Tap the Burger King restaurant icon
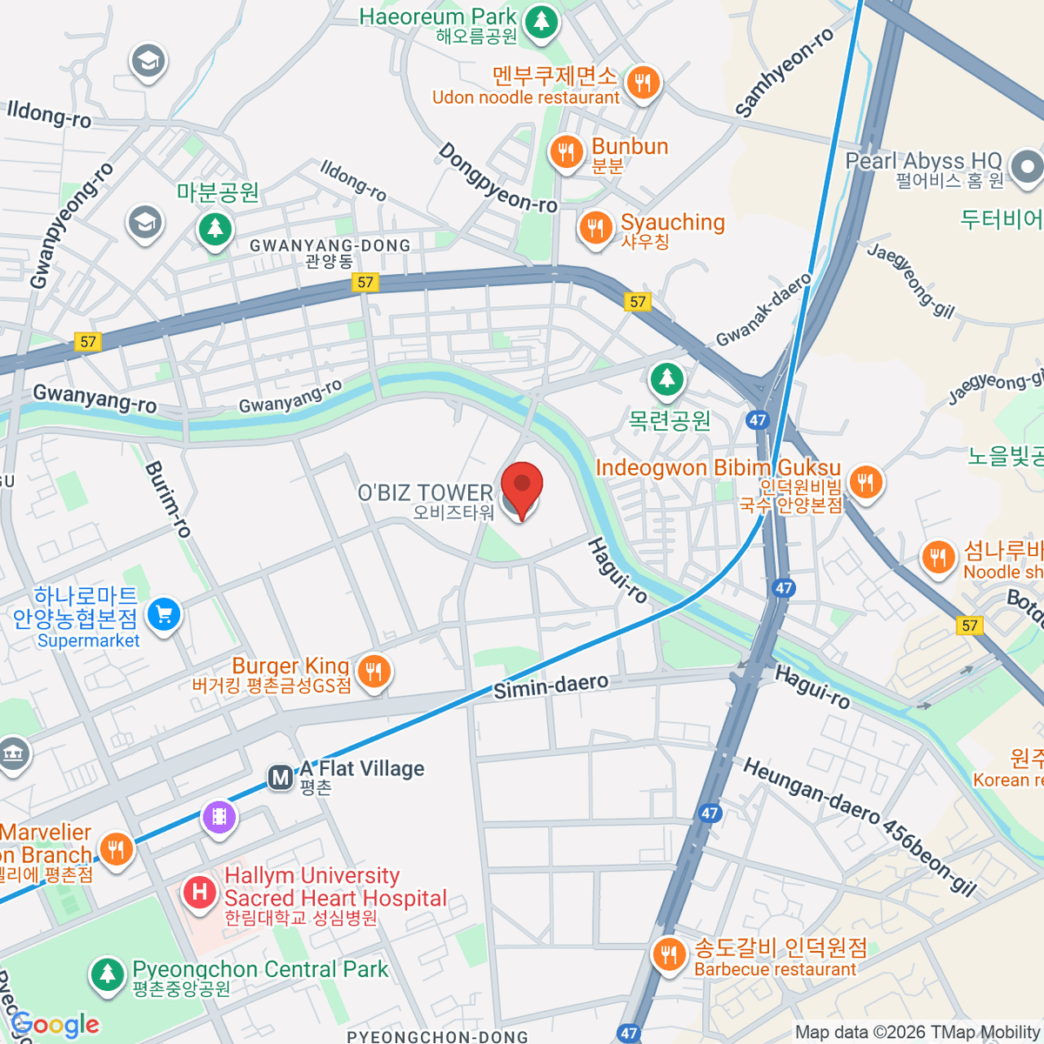tap(374, 672)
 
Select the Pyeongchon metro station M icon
tap(280, 777)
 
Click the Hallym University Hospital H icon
tap(200, 892)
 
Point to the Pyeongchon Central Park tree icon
tap(107, 974)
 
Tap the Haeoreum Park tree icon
tap(542, 21)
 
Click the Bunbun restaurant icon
tap(566, 152)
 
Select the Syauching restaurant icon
tap(595, 229)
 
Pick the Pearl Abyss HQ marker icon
tap(1027, 167)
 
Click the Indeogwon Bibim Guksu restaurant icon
tap(865, 481)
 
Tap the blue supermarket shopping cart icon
tap(164, 615)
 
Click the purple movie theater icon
tap(219, 817)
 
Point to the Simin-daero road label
tap(551, 686)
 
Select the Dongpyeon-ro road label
tap(497, 178)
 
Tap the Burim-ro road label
tap(168, 499)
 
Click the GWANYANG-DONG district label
tap(330, 246)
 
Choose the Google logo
tap(55, 1026)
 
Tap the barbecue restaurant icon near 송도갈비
tap(668, 955)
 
